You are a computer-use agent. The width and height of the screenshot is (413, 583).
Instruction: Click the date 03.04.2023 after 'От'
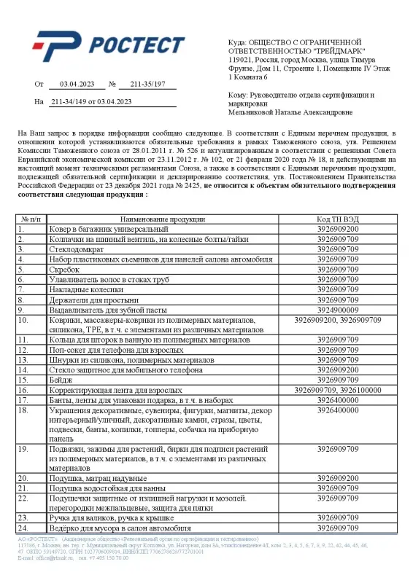tap(73, 85)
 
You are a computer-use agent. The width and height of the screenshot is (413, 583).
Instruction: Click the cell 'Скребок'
tap(64, 269)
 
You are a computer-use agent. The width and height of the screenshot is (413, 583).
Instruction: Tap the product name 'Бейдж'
tap(61, 380)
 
